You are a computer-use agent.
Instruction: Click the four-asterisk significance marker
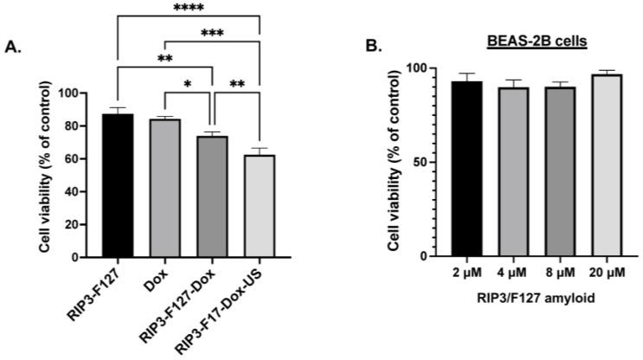[x=187, y=8]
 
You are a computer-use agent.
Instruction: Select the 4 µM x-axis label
[x=511, y=274]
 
